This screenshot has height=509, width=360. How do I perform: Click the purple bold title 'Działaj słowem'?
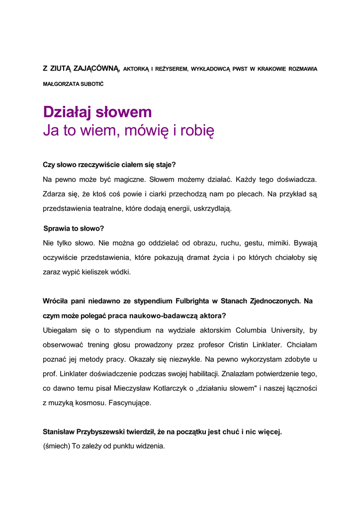[97, 112]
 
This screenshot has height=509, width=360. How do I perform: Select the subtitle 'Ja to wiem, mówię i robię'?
[128, 131]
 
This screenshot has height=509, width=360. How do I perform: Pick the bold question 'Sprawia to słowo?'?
[74, 229]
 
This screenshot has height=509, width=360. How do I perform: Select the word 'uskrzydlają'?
[211, 208]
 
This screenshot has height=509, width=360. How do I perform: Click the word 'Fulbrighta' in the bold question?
[193, 301]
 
